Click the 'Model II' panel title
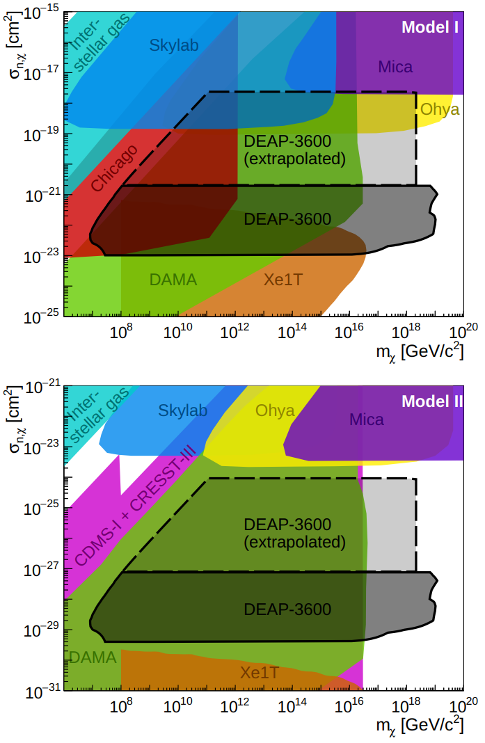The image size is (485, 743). pyautogui.click(x=427, y=402)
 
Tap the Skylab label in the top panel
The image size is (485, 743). pyautogui.click(x=174, y=46)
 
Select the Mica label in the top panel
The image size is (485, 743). pyautogui.click(x=395, y=67)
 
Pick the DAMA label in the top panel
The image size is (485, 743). pyautogui.click(x=173, y=280)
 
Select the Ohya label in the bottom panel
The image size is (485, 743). pyautogui.click(x=275, y=410)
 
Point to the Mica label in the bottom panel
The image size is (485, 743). pyautogui.click(x=366, y=420)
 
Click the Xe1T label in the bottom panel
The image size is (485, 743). pyautogui.click(x=260, y=673)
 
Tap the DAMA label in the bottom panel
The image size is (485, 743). pyautogui.click(x=93, y=657)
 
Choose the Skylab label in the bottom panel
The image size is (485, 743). pyautogui.click(x=183, y=410)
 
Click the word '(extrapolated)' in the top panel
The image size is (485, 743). pyautogui.click(x=295, y=159)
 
